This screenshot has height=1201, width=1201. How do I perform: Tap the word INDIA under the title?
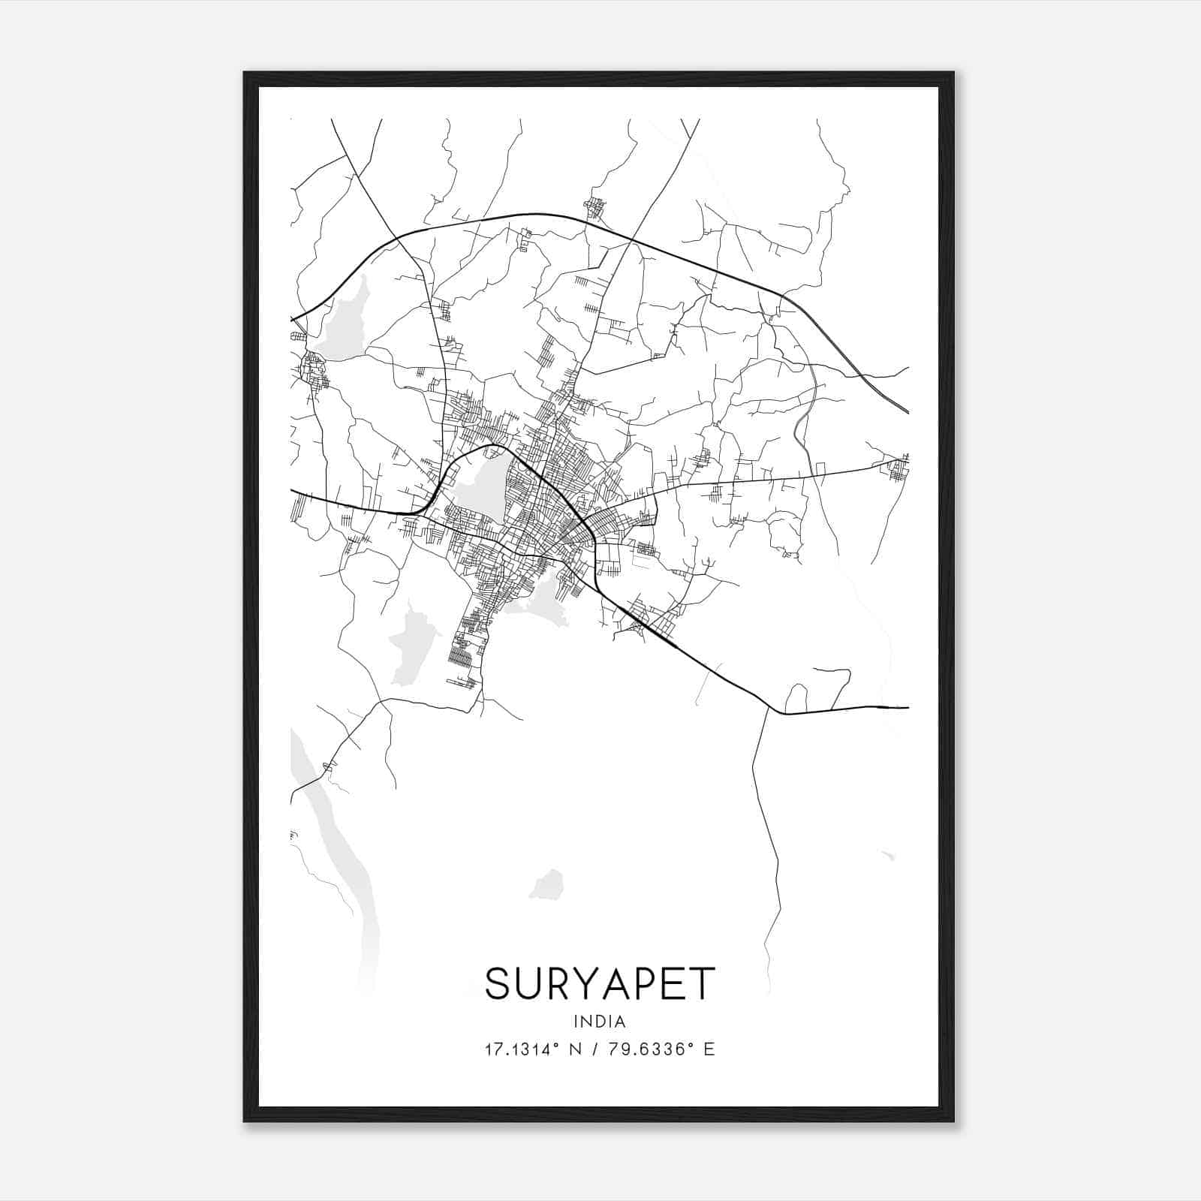click(x=600, y=1022)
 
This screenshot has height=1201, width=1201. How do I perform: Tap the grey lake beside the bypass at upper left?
click(x=342, y=319)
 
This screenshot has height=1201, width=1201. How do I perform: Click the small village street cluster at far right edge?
click(x=898, y=469)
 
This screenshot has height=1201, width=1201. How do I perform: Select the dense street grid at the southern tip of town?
click(x=462, y=653)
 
